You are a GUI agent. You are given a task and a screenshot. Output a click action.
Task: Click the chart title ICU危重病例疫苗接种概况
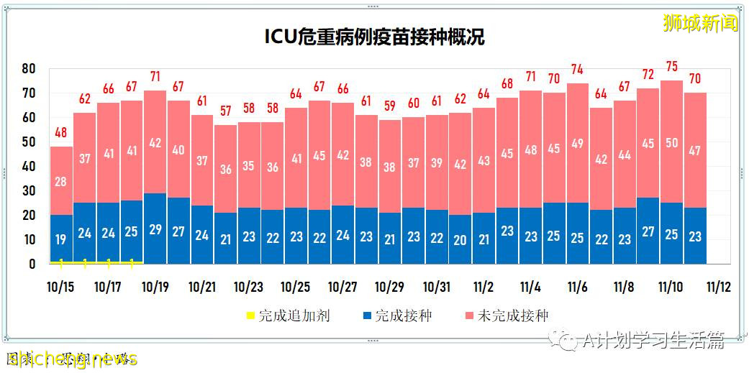click(x=375, y=37)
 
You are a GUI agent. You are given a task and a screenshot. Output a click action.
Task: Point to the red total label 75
click(x=671, y=67)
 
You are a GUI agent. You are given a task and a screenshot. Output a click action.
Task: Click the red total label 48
click(x=61, y=133)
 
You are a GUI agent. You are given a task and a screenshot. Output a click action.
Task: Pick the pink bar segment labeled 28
click(x=61, y=181)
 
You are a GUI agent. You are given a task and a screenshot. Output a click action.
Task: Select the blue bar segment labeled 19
click(x=61, y=239)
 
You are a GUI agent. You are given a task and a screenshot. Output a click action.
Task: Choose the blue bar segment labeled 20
click(x=460, y=239)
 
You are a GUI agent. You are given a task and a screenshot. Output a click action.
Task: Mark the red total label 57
click(x=225, y=111)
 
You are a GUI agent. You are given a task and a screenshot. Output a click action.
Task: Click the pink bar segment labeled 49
click(x=578, y=143)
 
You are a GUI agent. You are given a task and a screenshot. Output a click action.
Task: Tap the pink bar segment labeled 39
click(x=437, y=162)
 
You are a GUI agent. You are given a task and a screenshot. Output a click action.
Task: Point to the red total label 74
click(x=578, y=70)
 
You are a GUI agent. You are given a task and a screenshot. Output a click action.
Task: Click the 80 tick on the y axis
click(x=29, y=69)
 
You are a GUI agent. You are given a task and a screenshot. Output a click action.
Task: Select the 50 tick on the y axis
click(x=29, y=142)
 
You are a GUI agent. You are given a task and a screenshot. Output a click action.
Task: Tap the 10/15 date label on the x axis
click(x=61, y=287)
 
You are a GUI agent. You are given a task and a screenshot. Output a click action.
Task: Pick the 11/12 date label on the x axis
click(x=718, y=287)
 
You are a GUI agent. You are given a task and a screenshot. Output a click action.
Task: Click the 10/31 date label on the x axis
click(x=437, y=287)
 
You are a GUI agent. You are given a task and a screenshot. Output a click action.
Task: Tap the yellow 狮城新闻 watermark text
click(x=700, y=24)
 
